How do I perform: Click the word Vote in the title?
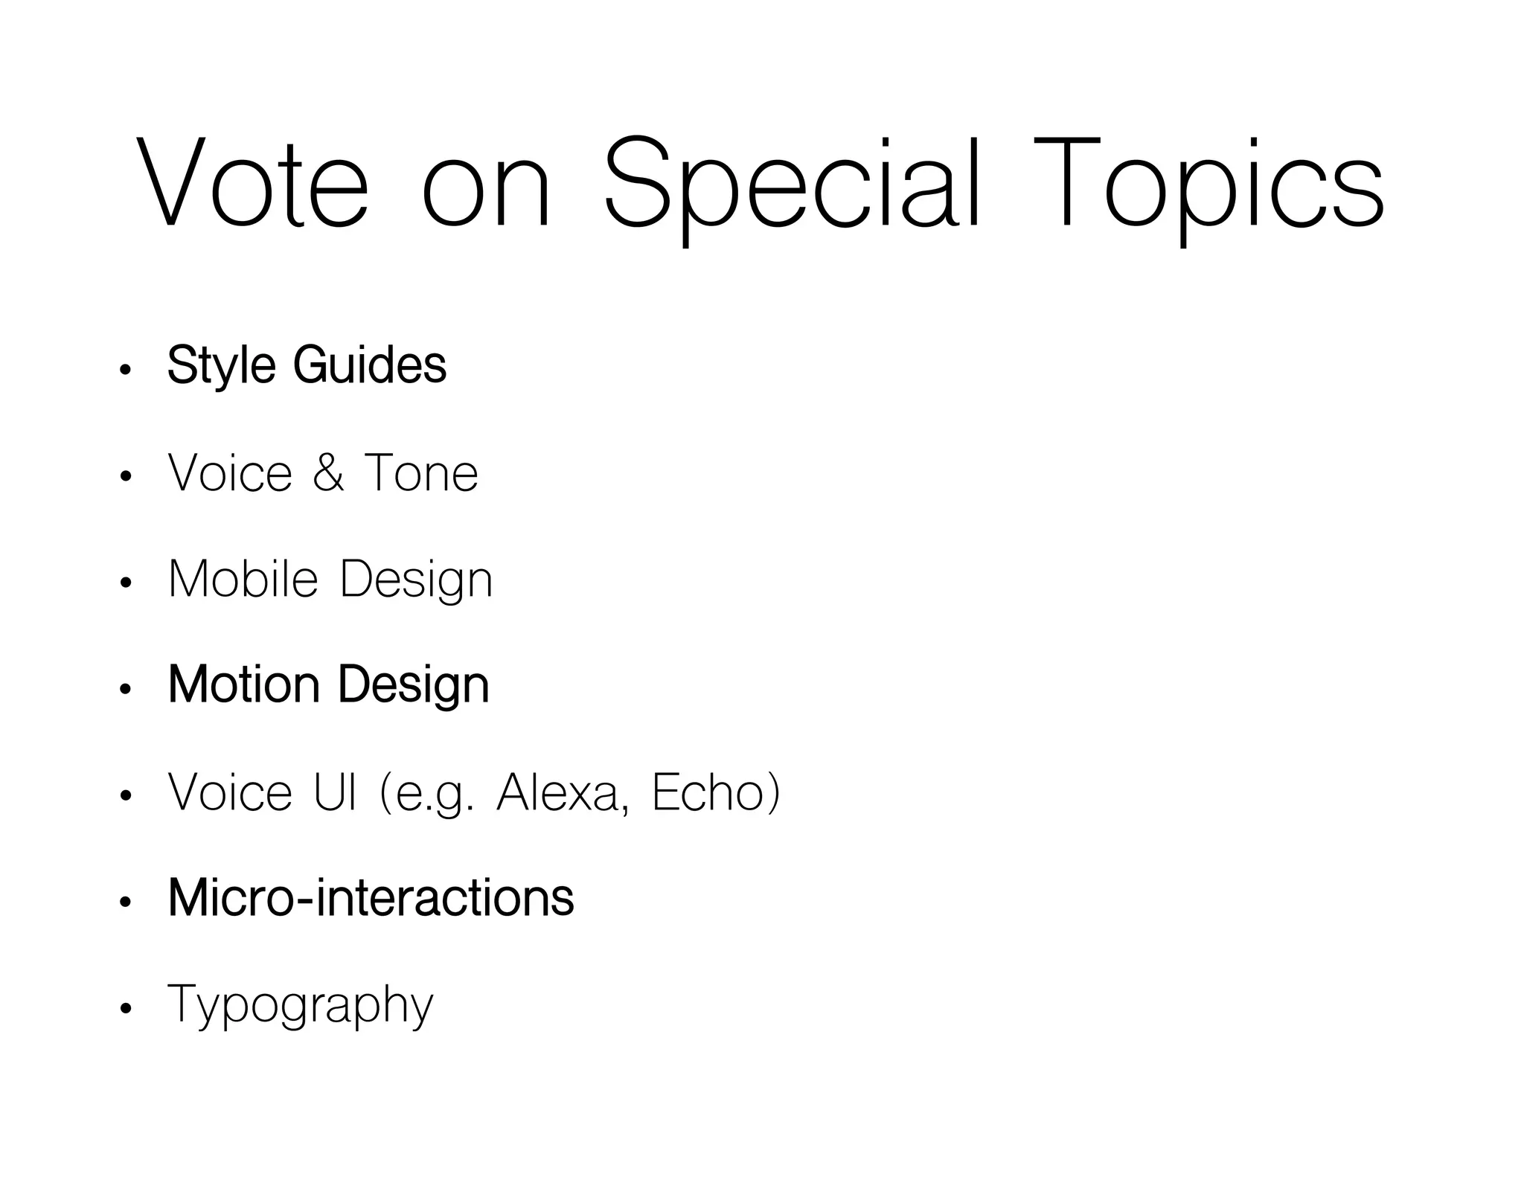tap(252, 183)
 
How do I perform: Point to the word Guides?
tap(370, 365)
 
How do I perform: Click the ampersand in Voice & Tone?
tap(328, 472)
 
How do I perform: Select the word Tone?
tap(421, 472)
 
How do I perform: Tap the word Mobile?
tap(243, 579)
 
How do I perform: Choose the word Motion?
tap(243, 684)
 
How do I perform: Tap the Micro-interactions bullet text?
tap(371, 898)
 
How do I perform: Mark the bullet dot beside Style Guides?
tap(125, 369)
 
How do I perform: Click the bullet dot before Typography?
tap(125, 1009)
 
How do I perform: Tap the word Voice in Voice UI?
tap(230, 792)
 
